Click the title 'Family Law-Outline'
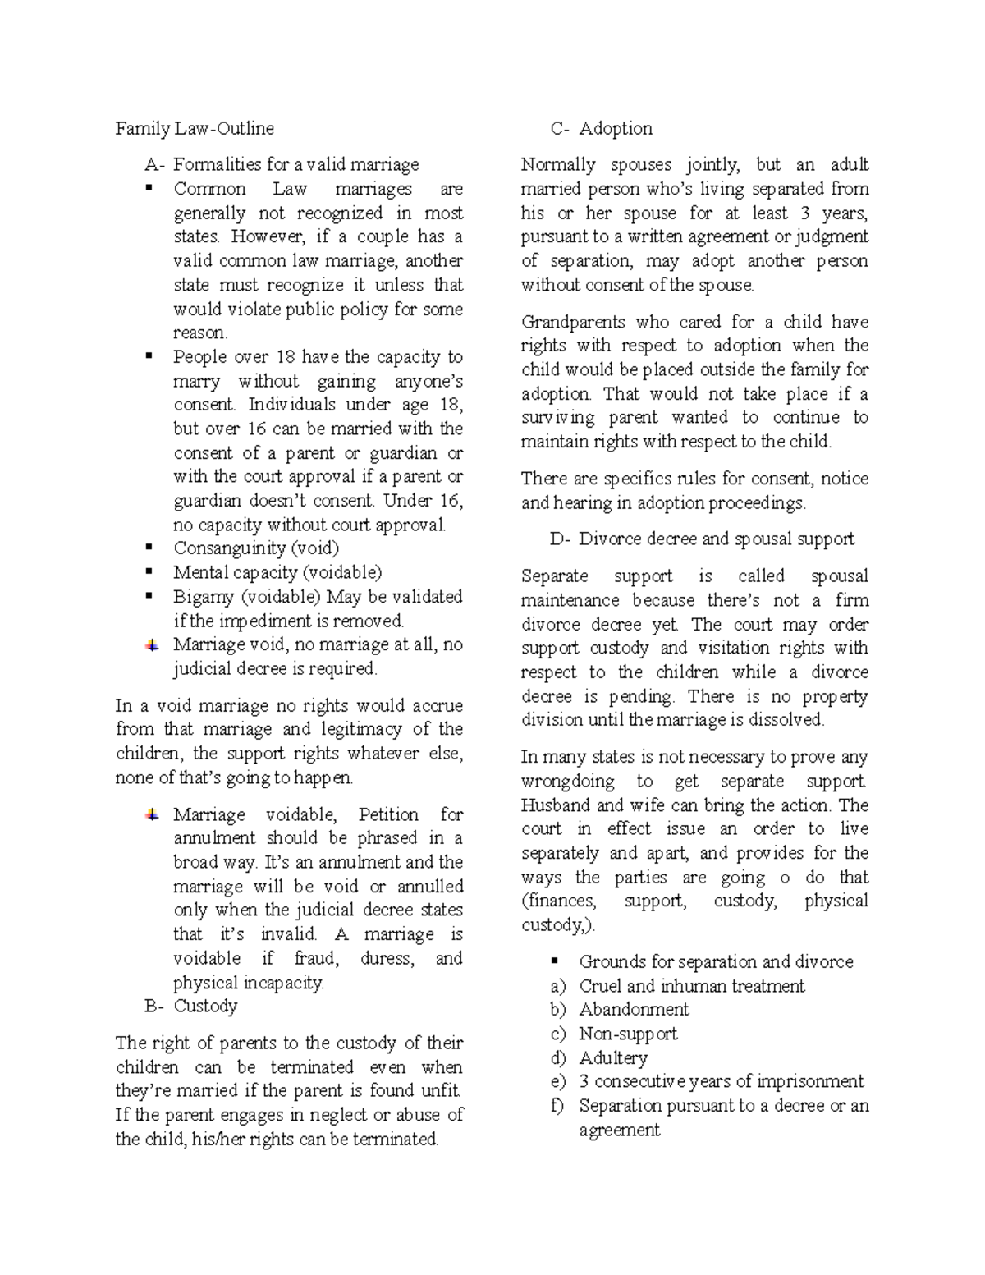click(195, 129)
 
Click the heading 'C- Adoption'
click(602, 129)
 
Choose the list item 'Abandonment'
click(634, 1010)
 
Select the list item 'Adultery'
click(613, 1058)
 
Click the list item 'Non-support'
click(628, 1034)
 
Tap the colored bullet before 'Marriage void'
click(152, 645)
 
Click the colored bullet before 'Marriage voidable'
click(152, 815)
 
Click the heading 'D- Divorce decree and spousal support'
click(702, 539)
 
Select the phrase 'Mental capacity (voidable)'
click(277, 573)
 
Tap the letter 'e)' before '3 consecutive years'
click(559, 1082)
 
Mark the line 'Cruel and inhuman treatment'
click(691, 986)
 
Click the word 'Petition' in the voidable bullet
click(388, 815)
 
